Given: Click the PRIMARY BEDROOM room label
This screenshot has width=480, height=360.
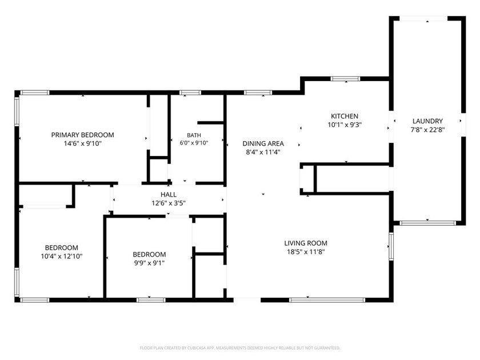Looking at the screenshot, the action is coord(82,135).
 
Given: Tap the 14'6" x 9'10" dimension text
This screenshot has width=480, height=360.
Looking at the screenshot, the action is coord(82,143).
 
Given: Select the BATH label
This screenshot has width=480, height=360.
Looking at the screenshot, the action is coord(194,135).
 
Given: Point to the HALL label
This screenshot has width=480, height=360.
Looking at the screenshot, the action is coord(169,194).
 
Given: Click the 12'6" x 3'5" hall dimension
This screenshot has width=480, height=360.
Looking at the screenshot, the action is coord(169,203).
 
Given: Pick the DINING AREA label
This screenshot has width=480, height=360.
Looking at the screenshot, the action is coord(263,143).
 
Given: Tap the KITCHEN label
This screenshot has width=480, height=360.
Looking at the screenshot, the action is coord(345,116).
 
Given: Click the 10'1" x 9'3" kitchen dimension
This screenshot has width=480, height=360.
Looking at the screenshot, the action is coord(345,125).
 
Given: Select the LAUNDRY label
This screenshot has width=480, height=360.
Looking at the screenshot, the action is coord(427,121).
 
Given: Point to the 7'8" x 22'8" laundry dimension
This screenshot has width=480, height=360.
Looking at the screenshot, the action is coord(427,130).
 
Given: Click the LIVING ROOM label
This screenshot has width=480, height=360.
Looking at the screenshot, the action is coord(306,243).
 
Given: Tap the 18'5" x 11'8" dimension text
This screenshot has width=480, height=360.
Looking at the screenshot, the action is coord(306,251).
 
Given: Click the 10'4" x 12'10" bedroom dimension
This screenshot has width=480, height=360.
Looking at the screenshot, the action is coord(62,256).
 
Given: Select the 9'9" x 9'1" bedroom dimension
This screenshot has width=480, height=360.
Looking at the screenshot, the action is coord(149,263).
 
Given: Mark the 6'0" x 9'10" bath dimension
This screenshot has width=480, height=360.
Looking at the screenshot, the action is coord(194,143).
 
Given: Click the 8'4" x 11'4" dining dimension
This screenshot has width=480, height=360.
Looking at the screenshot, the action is coord(263,152).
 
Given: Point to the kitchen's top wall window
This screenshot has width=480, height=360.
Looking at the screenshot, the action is coord(345,79).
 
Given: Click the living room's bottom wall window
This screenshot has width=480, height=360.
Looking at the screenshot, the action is coord(327,300).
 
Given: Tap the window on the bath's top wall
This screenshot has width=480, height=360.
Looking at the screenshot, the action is coord(190,93).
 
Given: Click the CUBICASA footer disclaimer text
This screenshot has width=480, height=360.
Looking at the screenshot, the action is coord(240,348).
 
